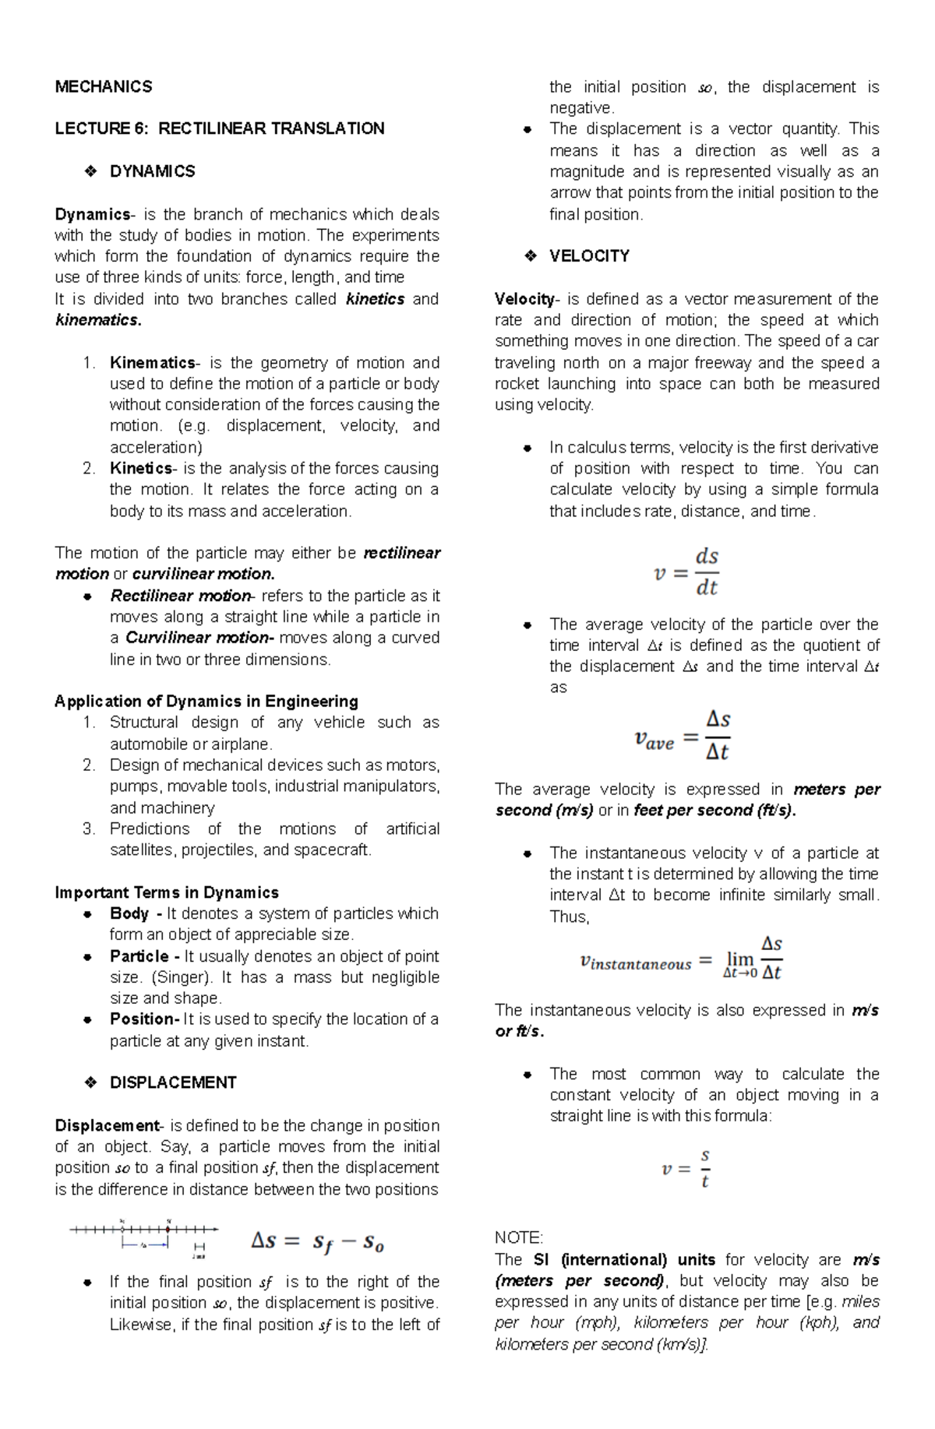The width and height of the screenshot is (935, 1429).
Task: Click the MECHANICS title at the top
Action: (103, 86)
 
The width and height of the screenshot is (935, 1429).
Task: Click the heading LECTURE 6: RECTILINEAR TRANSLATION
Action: (219, 128)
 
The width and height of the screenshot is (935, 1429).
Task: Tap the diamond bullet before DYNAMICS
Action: (90, 171)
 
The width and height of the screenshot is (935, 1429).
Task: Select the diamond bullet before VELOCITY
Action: (530, 256)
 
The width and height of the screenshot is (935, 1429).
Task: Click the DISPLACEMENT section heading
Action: (173, 1082)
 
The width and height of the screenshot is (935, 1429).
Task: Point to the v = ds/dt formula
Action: (686, 572)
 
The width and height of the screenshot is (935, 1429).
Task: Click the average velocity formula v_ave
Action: (683, 735)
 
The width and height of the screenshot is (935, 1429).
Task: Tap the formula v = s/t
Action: (686, 1168)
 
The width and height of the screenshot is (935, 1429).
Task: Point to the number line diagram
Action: (144, 1237)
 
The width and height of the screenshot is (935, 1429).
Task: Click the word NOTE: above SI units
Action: (518, 1238)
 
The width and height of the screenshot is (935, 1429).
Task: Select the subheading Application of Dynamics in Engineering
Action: (206, 701)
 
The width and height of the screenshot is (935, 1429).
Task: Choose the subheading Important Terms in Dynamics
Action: (166, 892)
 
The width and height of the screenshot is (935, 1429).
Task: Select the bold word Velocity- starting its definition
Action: (526, 299)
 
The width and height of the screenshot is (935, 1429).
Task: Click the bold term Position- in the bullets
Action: (144, 1019)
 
